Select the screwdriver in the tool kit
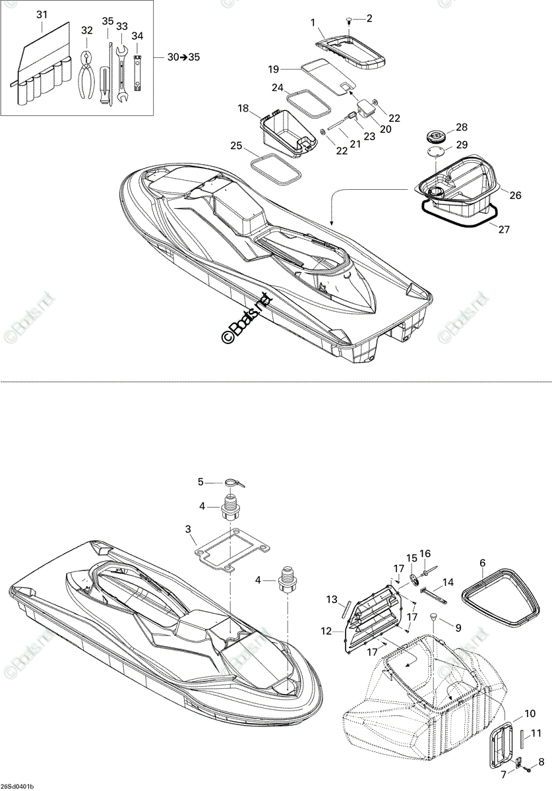(105, 86)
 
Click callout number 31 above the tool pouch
(42, 15)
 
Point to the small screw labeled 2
(349, 21)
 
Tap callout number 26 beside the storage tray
(516, 195)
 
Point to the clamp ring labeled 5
(234, 483)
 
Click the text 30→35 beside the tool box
(183, 57)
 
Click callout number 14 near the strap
(448, 582)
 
